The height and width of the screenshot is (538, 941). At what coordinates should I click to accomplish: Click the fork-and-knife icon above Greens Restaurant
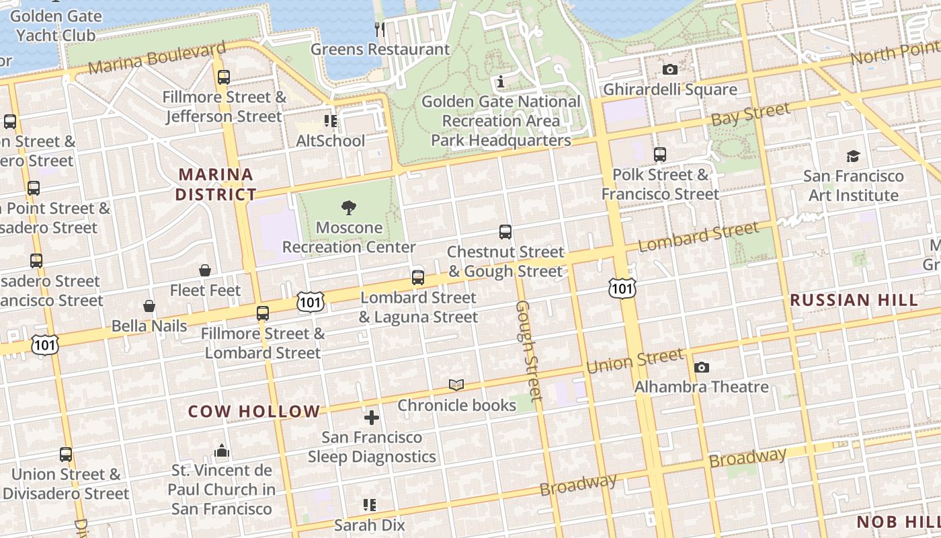380,29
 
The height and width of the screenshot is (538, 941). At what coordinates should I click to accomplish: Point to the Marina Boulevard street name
157,59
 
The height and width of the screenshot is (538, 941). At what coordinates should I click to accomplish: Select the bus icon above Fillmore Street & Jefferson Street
224,77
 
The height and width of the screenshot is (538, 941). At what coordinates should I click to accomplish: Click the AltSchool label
331,141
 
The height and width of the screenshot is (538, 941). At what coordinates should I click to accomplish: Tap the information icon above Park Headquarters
501,82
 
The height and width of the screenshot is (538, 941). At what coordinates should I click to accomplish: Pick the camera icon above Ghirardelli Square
669,69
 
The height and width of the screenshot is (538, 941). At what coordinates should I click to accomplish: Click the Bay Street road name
750,114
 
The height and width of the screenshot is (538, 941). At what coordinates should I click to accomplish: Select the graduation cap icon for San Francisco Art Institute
853,157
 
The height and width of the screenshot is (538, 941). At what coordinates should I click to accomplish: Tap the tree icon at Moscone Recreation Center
348,208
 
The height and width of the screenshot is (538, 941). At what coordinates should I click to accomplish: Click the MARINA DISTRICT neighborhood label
216,184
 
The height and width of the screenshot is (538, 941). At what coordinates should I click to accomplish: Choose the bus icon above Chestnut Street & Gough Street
505,232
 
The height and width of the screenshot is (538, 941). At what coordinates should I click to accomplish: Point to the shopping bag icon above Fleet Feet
205,270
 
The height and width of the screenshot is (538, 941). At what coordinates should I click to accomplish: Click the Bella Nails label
149,325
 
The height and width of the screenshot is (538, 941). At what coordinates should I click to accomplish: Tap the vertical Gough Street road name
528,350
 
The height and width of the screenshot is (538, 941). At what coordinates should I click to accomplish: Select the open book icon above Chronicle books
456,385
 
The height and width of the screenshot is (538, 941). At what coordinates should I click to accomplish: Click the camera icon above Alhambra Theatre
702,367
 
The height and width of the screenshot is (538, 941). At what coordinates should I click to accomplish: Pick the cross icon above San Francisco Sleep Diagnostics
372,418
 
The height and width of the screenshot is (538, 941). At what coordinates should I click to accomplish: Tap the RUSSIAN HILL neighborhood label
854,300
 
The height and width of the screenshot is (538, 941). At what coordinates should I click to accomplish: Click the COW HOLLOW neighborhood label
254,412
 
